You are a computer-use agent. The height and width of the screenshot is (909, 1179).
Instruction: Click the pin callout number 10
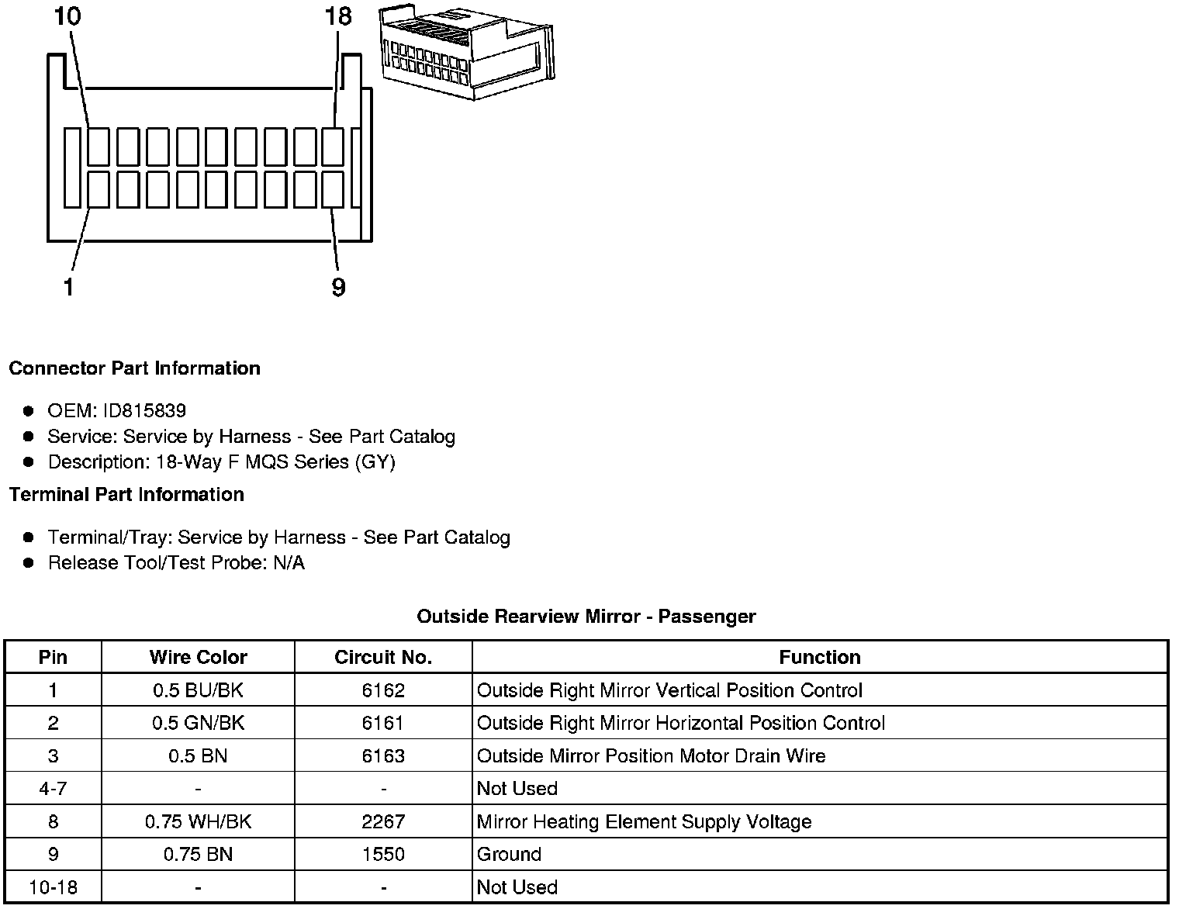[67, 16]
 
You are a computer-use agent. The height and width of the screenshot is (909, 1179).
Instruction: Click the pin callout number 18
[339, 16]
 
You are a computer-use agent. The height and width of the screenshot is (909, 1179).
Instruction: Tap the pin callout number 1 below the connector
[69, 287]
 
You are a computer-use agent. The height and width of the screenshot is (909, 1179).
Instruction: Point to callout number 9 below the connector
[338, 287]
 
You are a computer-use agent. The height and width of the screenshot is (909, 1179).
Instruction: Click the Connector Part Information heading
[134, 368]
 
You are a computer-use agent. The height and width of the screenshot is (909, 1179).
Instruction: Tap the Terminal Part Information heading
[126, 495]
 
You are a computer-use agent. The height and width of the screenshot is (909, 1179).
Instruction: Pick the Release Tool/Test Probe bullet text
[176, 563]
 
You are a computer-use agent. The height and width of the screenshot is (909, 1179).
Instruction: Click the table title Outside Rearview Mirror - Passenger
[586, 617]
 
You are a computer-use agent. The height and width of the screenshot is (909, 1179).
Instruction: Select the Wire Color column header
[198, 658]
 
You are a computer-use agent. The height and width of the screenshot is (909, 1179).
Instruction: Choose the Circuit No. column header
[383, 658]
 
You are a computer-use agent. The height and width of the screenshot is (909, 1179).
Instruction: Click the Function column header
[819, 658]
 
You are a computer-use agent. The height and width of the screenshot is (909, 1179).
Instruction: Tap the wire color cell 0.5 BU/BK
[198, 690]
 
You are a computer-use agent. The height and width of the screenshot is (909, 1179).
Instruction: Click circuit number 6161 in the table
[383, 724]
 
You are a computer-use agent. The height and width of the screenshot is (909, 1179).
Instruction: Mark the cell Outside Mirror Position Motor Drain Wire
[651, 756]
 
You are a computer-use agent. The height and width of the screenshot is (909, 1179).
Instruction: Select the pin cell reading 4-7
[53, 789]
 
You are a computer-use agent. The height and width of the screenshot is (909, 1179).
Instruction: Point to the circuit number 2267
[383, 822]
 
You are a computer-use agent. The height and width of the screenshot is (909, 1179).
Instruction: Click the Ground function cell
[509, 855]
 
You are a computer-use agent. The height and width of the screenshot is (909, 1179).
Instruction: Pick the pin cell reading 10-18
[53, 887]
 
